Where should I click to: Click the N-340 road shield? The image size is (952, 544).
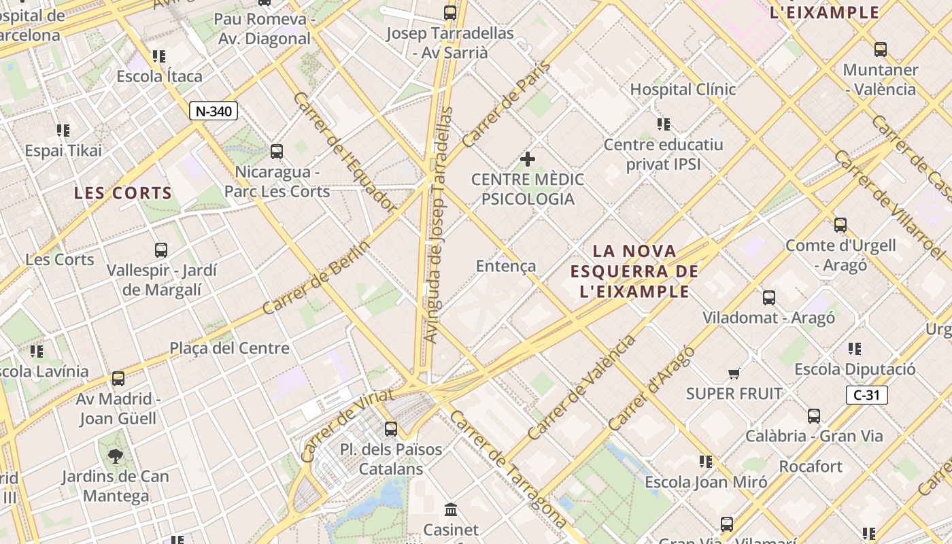[214, 112]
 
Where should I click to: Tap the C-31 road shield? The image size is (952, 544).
[867, 395]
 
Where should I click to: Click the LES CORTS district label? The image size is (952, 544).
[123, 193]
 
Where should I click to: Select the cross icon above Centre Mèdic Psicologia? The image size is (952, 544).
[527, 159]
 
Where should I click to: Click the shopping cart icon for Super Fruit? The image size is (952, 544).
[734, 373]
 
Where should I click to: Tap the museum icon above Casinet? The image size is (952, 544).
[450, 509]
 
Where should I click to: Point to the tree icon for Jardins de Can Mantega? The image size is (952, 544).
[115, 456]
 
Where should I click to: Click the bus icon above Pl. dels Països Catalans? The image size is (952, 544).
[390, 429]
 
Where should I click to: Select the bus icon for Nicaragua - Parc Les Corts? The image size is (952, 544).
[276, 151]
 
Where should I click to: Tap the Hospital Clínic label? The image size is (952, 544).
[683, 89]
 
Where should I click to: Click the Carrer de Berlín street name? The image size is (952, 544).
[316, 278]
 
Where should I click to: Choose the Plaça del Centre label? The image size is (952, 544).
[229, 348]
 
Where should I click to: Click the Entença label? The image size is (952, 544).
[506, 266]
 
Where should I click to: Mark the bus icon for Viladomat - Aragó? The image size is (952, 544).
[768, 297]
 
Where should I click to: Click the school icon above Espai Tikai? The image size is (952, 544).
[63, 130]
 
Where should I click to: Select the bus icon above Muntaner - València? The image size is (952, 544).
[880, 49]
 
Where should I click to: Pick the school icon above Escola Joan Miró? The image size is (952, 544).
[706, 462]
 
